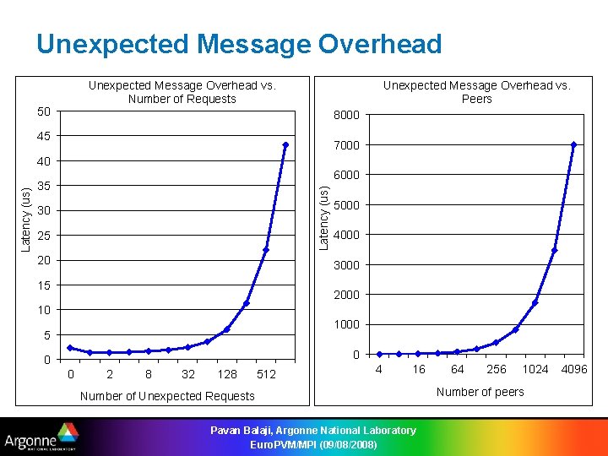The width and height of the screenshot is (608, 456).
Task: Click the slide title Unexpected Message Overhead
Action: pos(239,44)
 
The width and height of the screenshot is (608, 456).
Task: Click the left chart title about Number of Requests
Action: pos(182,92)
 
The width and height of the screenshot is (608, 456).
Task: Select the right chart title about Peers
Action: pos(476,92)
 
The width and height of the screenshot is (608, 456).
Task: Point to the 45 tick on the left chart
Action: pos(45,136)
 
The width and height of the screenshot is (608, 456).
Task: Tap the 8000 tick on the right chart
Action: pos(346,115)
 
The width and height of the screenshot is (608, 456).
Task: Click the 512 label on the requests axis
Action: pos(266,374)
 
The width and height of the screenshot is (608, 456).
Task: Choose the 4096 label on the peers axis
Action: pos(574,369)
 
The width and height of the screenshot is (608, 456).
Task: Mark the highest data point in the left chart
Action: pos(285,145)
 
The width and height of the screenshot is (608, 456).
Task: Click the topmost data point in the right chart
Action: pos(573,145)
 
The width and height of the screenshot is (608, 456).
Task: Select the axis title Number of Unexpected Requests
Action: pos(166,396)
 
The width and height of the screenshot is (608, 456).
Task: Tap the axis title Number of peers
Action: pos(480,392)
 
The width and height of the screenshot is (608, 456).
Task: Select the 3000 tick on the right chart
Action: pos(346,265)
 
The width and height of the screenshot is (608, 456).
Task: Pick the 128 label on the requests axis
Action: pos(226,374)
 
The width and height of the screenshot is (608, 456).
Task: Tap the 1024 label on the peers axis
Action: pos(535,369)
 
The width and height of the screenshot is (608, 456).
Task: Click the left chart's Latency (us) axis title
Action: pos(26,220)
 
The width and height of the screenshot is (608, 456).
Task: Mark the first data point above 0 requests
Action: pos(70,348)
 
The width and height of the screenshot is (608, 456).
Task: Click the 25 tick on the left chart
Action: pos(45,235)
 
